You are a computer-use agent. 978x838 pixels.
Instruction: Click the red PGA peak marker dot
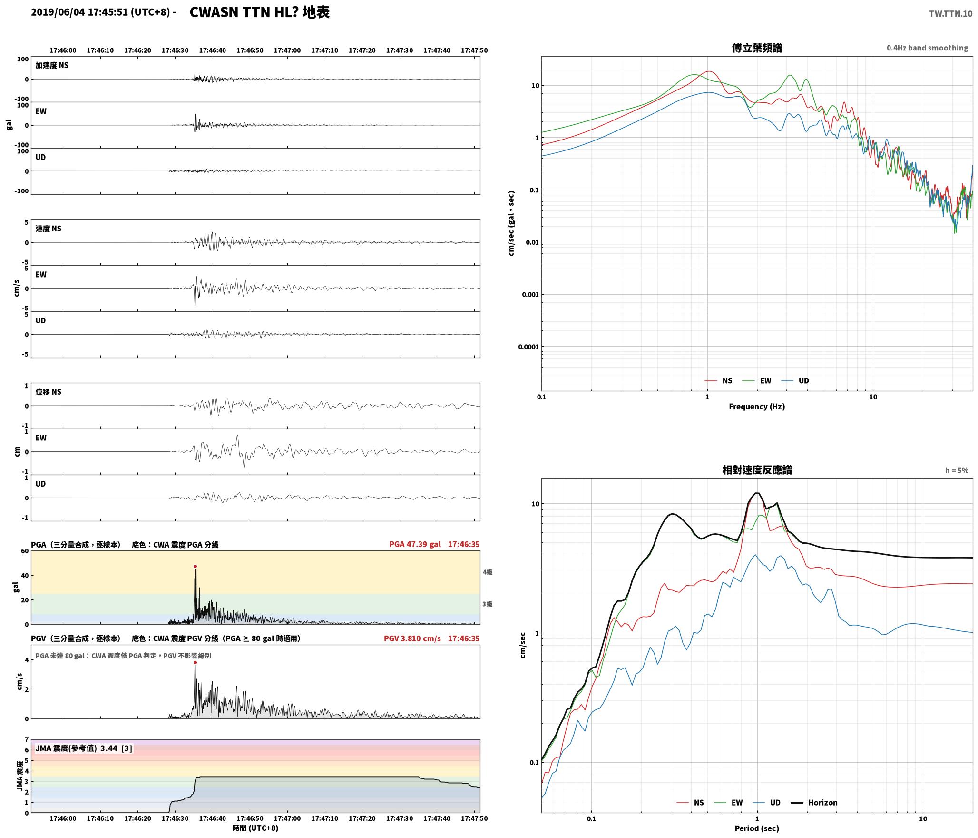(195, 567)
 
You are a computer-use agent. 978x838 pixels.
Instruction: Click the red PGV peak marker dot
(195, 663)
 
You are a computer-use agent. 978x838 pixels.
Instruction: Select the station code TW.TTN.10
(951, 14)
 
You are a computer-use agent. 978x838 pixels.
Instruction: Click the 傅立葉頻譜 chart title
(757, 48)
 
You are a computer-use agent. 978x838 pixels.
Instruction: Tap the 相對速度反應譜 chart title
(757, 470)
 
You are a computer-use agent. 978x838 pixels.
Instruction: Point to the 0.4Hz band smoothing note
(927, 48)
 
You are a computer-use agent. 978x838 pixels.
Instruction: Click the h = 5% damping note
(957, 470)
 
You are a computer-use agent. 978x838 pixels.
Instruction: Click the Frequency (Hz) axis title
(757, 407)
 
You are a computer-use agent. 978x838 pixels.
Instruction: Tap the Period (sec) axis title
(757, 828)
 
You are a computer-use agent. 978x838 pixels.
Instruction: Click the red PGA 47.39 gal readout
(415, 544)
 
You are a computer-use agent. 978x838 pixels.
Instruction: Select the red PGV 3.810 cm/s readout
(412, 638)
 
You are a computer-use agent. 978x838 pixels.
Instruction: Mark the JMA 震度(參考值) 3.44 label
(84, 748)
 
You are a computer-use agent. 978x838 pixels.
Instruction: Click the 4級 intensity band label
(488, 572)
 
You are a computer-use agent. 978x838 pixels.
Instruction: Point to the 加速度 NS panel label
(52, 65)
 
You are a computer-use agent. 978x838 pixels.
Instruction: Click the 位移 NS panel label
(49, 392)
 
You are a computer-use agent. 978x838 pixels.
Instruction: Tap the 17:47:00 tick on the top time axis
(287, 50)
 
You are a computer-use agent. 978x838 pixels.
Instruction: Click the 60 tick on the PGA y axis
(25, 551)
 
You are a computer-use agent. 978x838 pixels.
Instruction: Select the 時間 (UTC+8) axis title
(255, 828)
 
